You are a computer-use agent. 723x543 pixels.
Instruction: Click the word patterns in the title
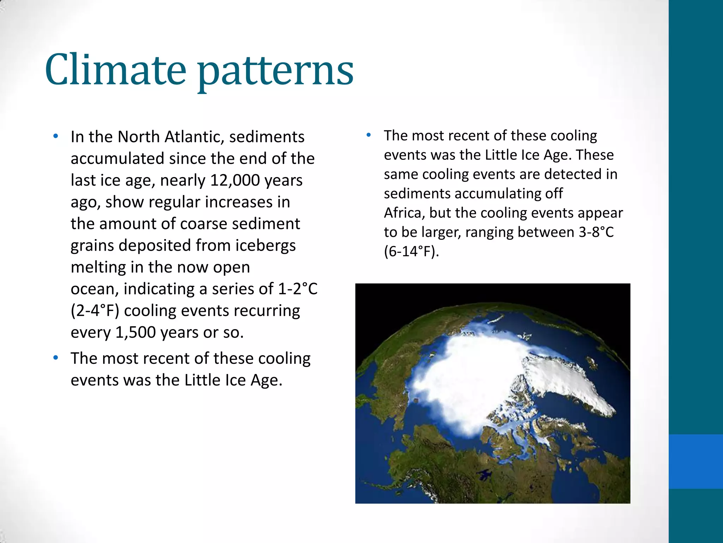(x=275, y=72)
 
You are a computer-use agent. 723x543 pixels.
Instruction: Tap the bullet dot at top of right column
(x=369, y=135)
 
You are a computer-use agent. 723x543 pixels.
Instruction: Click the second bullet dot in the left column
(x=55, y=358)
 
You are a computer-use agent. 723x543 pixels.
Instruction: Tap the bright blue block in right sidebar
(x=695, y=461)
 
